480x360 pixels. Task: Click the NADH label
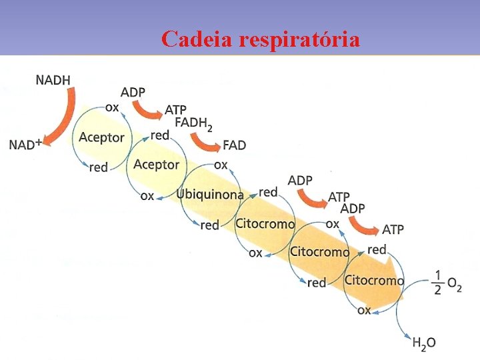[53, 80]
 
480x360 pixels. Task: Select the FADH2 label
[194, 124]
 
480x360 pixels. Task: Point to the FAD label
[234, 145]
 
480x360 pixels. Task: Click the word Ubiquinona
[210, 194]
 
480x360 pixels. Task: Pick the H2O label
[424, 343]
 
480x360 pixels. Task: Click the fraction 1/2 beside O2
[437, 282]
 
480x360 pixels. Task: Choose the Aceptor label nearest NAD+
[101, 137]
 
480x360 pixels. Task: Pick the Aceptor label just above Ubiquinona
[156, 164]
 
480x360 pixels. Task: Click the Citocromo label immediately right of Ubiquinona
[265, 223]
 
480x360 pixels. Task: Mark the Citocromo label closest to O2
[373, 280]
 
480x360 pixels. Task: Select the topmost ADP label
[133, 92]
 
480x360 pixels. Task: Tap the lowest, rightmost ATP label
[393, 229]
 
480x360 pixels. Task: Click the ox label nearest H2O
[364, 310]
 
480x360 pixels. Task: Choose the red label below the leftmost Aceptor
[98, 167]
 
